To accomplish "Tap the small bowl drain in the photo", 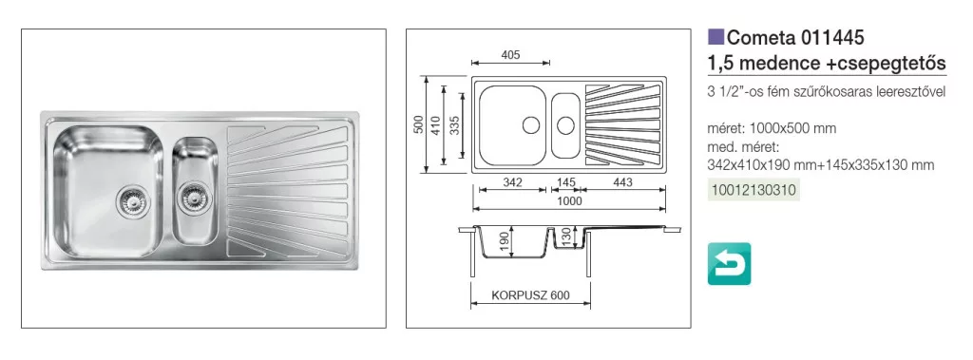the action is point(190,198).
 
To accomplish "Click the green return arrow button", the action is point(729,264).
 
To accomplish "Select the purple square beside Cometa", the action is point(716,37).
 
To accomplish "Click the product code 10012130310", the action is point(754,189).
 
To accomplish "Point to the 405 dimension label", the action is point(509,55).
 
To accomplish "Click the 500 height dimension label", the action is point(419,124).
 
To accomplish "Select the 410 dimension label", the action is point(436,125).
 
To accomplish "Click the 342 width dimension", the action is point(511,182).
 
